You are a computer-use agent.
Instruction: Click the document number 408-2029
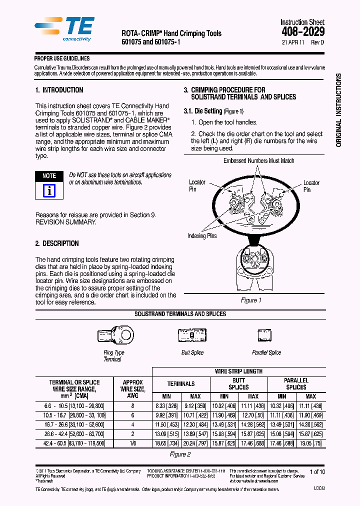303,31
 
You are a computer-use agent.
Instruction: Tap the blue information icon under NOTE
49,190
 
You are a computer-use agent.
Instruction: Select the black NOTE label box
49,176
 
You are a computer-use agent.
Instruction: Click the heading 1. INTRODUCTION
59,90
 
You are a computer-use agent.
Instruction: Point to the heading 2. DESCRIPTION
57,243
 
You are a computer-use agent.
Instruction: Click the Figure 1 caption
251,300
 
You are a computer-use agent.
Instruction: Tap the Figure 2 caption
180,454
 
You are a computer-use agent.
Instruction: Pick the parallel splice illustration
264,334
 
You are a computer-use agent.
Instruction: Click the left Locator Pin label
196,185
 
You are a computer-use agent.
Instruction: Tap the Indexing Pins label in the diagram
202,236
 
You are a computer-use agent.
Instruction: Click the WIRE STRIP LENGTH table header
238,371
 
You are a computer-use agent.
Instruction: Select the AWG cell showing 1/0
132,443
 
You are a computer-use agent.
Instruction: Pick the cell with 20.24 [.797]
195,443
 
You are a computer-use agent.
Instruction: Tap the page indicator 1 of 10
317,471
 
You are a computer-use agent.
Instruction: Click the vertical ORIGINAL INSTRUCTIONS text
338,110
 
